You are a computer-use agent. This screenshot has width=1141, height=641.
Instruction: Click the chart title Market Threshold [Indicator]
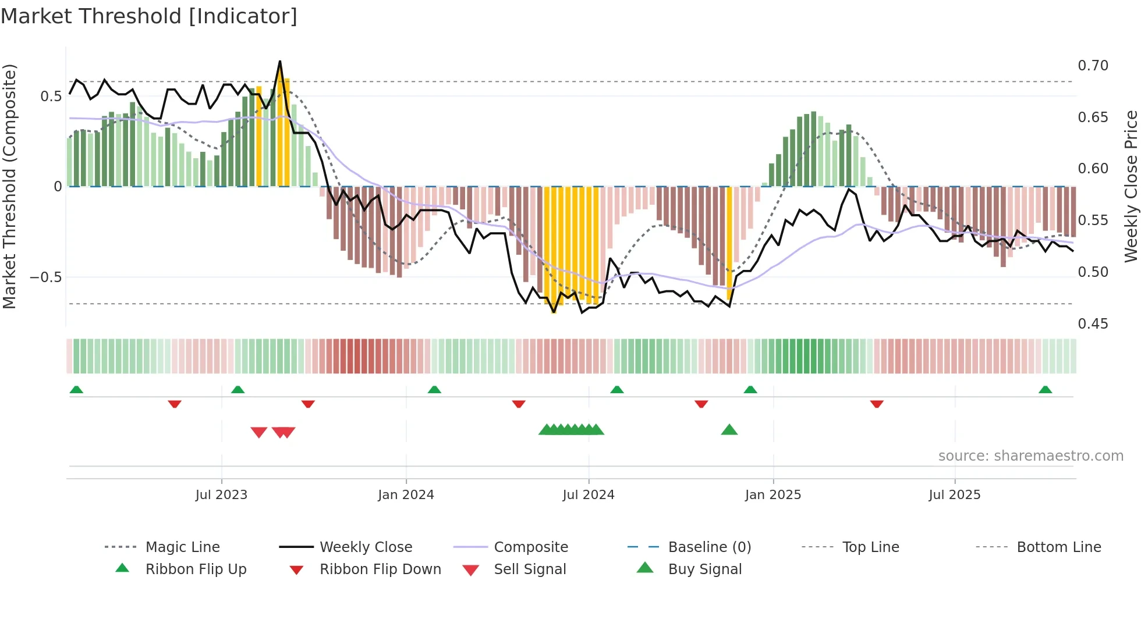point(149,16)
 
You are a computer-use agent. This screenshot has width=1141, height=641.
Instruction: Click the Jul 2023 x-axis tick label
point(221,495)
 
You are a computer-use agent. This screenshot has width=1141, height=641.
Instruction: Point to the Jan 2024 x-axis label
point(406,495)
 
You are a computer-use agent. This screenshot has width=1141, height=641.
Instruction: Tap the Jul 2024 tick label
point(588,495)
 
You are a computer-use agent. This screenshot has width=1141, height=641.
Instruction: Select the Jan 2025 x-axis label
point(773,495)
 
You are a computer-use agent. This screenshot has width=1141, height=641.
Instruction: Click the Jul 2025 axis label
point(954,495)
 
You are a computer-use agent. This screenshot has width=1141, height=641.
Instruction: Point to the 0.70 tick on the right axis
point(1093,66)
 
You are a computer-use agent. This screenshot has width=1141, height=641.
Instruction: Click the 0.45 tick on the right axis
point(1093,324)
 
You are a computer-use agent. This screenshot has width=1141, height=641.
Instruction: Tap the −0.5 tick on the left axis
point(46,277)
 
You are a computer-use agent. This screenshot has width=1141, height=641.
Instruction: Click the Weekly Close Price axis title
point(1131,186)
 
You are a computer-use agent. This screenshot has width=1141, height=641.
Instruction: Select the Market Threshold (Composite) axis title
point(9,186)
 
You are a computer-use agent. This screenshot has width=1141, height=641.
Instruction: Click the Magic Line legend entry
point(182,547)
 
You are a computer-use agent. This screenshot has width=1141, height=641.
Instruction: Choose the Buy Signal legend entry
point(704,569)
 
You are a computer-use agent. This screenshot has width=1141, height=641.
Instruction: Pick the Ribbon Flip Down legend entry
point(380,569)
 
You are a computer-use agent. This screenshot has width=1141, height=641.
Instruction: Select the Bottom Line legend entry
point(1058,547)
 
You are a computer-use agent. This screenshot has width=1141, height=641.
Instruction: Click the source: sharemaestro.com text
point(1030,456)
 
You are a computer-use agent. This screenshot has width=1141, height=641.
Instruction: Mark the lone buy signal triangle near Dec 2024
point(729,430)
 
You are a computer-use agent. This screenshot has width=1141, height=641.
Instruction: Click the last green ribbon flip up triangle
point(1045,390)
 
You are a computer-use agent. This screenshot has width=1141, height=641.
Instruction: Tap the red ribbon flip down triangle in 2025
point(877,404)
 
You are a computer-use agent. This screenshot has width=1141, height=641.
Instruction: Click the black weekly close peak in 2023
point(280,62)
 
